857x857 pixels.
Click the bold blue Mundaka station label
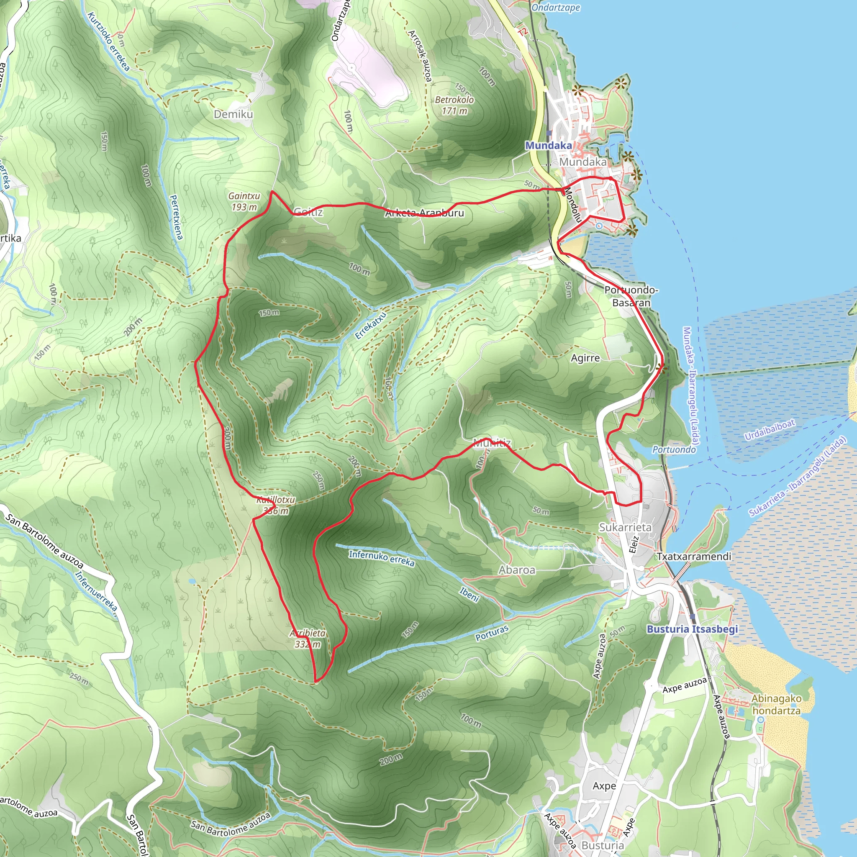pyautogui.click(x=548, y=146)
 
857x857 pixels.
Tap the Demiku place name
pyautogui.click(x=233, y=114)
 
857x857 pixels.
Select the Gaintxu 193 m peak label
pyautogui.click(x=244, y=201)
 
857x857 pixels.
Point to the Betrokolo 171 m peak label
pyautogui.click(x=454, y=105)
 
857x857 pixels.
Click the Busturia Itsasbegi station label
pyautogui.click(x=692, y=629)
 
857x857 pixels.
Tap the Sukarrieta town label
pyautogui.click(x=625, y=527)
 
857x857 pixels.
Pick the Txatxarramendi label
pyautogui.click(x=694, y=556)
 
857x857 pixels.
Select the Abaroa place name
pyautogui.click(x=517, y=570)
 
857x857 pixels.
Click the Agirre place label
pyautogui.click(x=585, y=358)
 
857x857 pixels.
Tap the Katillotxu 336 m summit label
pyautogui.click(x=276, y=505)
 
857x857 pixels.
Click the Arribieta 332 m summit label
pyautogui.click(x=308, y=638)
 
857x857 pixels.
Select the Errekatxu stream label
pyautogui.click(x=371, y=325)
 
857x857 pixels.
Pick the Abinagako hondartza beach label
pyautogui.click(x=776, y=704)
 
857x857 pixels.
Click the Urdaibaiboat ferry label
pyautogui.click(x=769, y=429)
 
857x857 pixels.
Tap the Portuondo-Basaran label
pyautogui.click(x=631, y=296)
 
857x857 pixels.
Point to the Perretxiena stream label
pyautogui.click(x=176, y=217)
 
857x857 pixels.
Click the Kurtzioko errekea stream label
pyautogui.click(x=109, y=42)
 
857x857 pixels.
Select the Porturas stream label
pyautogui.click(x=492, y=634)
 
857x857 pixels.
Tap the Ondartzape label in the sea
pyautogui.click(x=555, y=8)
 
